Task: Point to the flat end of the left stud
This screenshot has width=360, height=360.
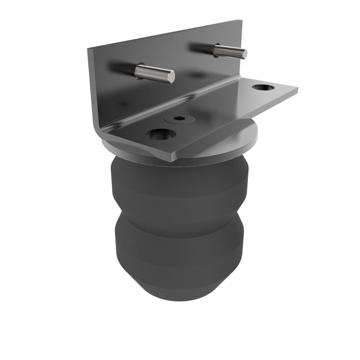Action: tap(172, 77)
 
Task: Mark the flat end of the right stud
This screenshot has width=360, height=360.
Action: tap(245, 54)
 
